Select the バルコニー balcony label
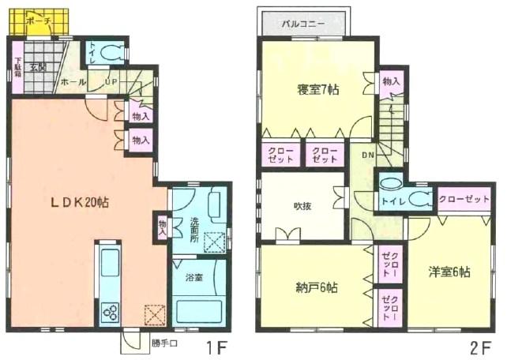304,24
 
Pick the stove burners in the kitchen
108,311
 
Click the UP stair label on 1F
113,81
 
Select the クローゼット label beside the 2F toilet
464,199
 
